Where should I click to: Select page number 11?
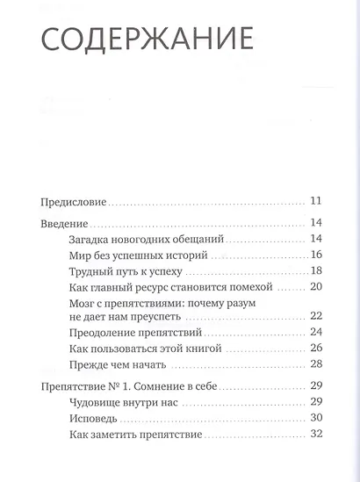click(316, 200)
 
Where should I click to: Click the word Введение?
click(66, 224)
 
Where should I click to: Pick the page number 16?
click(316, 255)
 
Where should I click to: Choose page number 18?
click(316, 271)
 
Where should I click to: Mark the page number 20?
click(316, 287)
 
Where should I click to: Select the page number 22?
click(316, 317)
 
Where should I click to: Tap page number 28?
click(316, 364)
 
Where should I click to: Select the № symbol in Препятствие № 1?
click(123, 387)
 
